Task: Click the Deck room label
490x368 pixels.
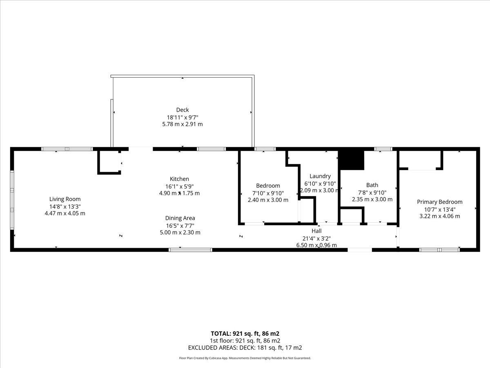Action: point(183,110)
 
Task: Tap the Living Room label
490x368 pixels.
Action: point(65,199)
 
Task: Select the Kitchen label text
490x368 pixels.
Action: point(179,179)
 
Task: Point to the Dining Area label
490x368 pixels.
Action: point(180,218)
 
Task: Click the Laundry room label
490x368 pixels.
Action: point(320,176)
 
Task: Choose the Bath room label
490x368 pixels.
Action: point(372,185)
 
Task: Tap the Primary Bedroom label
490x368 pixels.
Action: point(439,202)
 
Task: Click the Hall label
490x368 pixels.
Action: point(316,231)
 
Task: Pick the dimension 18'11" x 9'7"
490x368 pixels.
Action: point(183,117)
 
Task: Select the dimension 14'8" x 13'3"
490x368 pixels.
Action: point(65,206)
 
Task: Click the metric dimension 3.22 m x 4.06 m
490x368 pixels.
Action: point(439,216)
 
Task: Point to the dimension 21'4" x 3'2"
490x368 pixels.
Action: point(316,238)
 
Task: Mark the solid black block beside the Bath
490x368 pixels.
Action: point(352,160)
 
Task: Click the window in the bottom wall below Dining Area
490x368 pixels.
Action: point(190,250)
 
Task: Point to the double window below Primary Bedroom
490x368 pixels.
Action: point(439,250)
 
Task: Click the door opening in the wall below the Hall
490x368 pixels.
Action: point(360,250)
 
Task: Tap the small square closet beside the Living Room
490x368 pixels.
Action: point(109,162)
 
